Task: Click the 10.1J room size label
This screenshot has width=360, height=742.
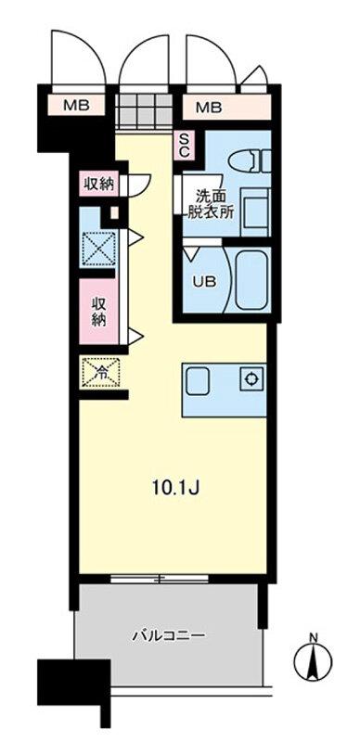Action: tap(174, 488)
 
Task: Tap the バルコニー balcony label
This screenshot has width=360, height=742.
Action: tap(169, 635)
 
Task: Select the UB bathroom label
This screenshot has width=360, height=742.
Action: tap(204, 282)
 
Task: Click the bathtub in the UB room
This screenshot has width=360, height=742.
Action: tap(251, 280)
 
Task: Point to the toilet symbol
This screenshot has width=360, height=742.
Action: tap(250, 160)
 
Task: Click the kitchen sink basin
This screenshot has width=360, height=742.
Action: tap(198, 381)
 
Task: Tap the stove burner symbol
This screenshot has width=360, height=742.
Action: tap(251, 378)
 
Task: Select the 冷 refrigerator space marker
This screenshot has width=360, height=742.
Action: tap(101, 373)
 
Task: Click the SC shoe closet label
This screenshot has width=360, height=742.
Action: tap(184, 146)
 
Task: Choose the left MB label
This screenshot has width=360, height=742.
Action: tap(77, 106)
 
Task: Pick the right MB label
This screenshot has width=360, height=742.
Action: tap(209, 108)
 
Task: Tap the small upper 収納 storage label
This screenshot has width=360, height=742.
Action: tap(99, 184)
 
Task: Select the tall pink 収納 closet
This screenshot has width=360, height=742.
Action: tap(98, 312)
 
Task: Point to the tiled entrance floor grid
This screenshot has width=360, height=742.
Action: tap(144, 110)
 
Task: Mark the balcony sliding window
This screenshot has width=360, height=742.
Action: tap(160, 578)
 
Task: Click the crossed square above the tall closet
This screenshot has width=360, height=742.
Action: tap(99, 248)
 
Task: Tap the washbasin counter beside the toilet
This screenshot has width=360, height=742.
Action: tap(256, 208)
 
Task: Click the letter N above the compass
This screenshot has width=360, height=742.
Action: tap(313, 638)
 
